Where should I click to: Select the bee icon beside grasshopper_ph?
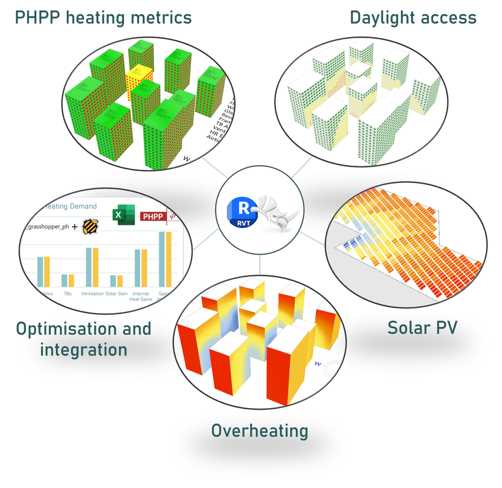coord(90,226)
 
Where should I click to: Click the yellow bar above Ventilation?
coord(95,268)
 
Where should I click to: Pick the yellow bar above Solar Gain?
coord(120,281)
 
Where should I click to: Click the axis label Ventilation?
coord(92,293)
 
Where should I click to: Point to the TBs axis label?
coord(68,293)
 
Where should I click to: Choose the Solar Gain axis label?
coord(116,293)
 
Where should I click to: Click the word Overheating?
coord(260,431)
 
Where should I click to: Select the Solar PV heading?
coord(422,328)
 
